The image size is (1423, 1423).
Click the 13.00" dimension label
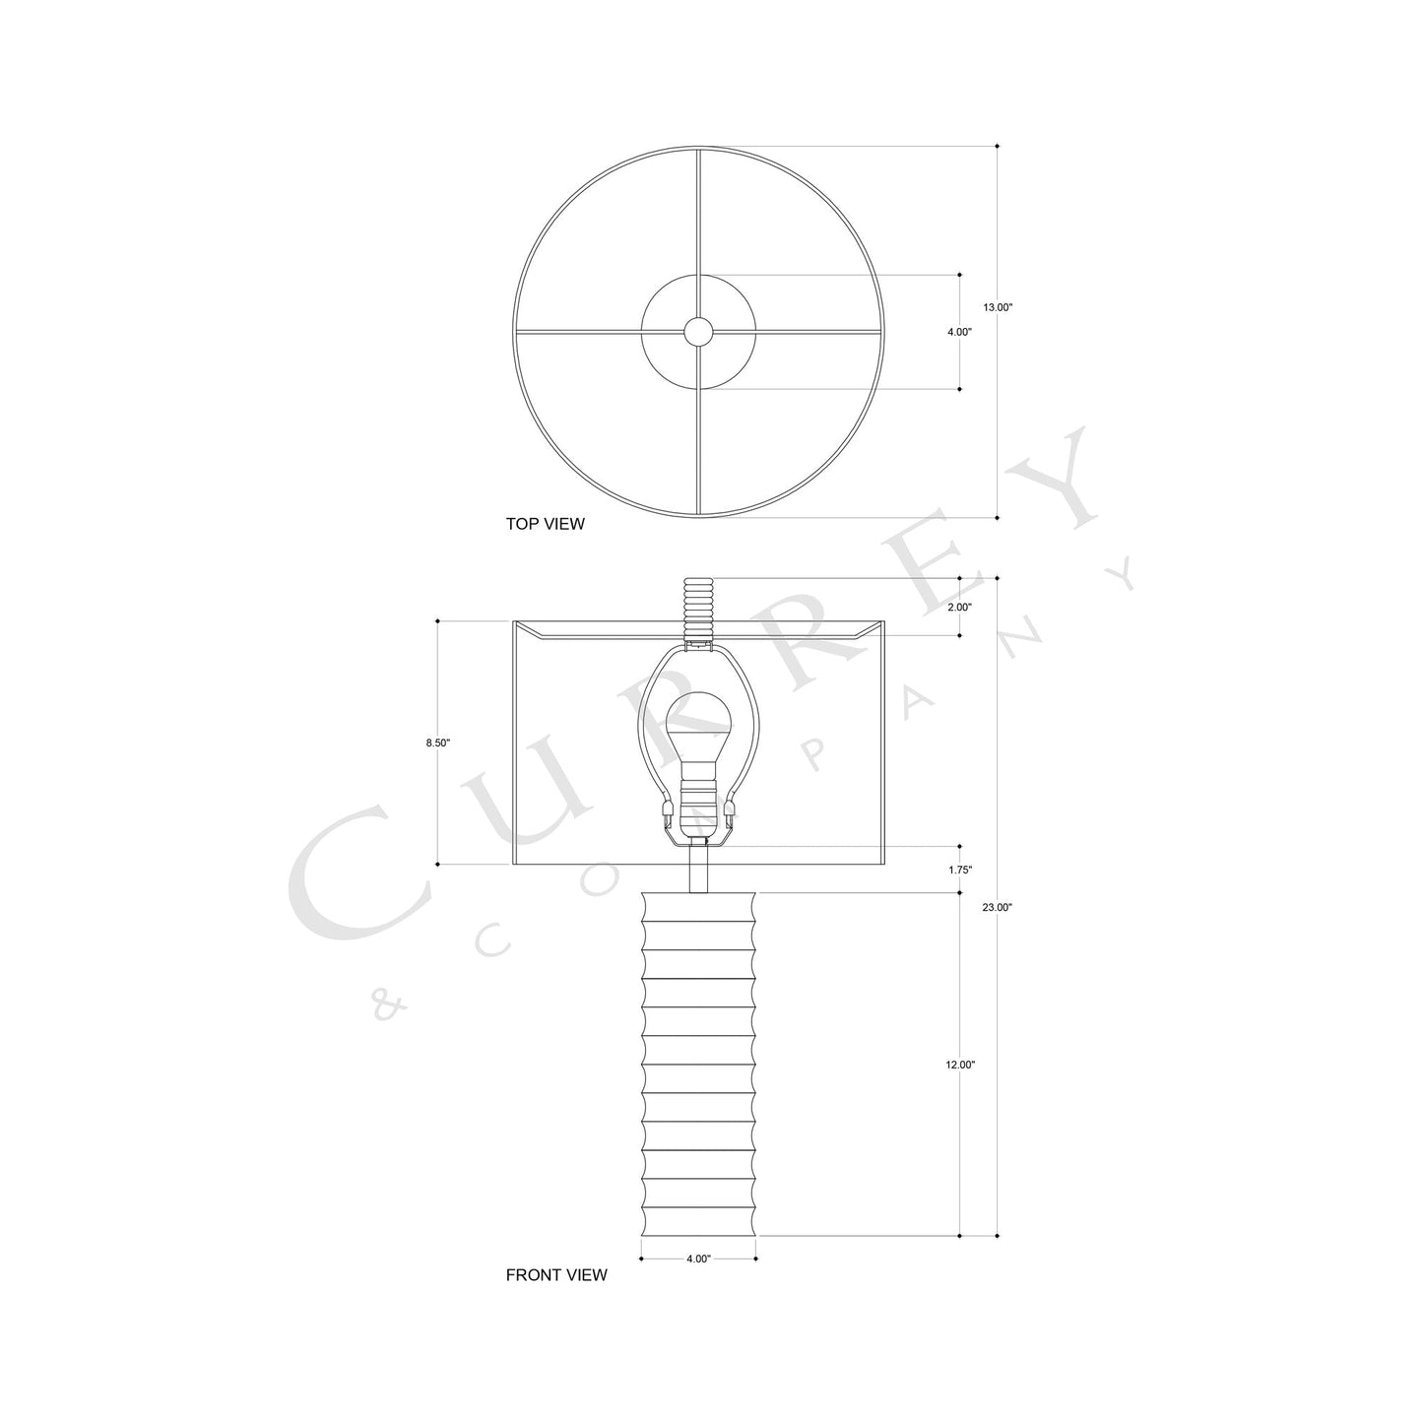[x=998, y=307]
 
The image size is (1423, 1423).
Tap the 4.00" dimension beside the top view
[x=959, y=333]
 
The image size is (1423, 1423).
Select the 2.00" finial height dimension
[x=959, y=608]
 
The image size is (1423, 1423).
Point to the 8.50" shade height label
[x=437, y=744]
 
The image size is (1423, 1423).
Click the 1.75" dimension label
[x=959, y=871]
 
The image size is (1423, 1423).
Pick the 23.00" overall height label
[x=998, y=908]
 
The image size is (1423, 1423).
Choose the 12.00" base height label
[x=959, y=1066]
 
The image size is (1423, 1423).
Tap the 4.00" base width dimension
[x=698, y=1259]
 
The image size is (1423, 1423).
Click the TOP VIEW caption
[x=545, y=525]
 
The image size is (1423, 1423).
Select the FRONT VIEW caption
[x=556, y=1275]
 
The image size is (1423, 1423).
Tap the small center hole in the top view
[x=698, y=332]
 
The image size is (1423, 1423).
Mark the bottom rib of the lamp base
[x=698, y=1222]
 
